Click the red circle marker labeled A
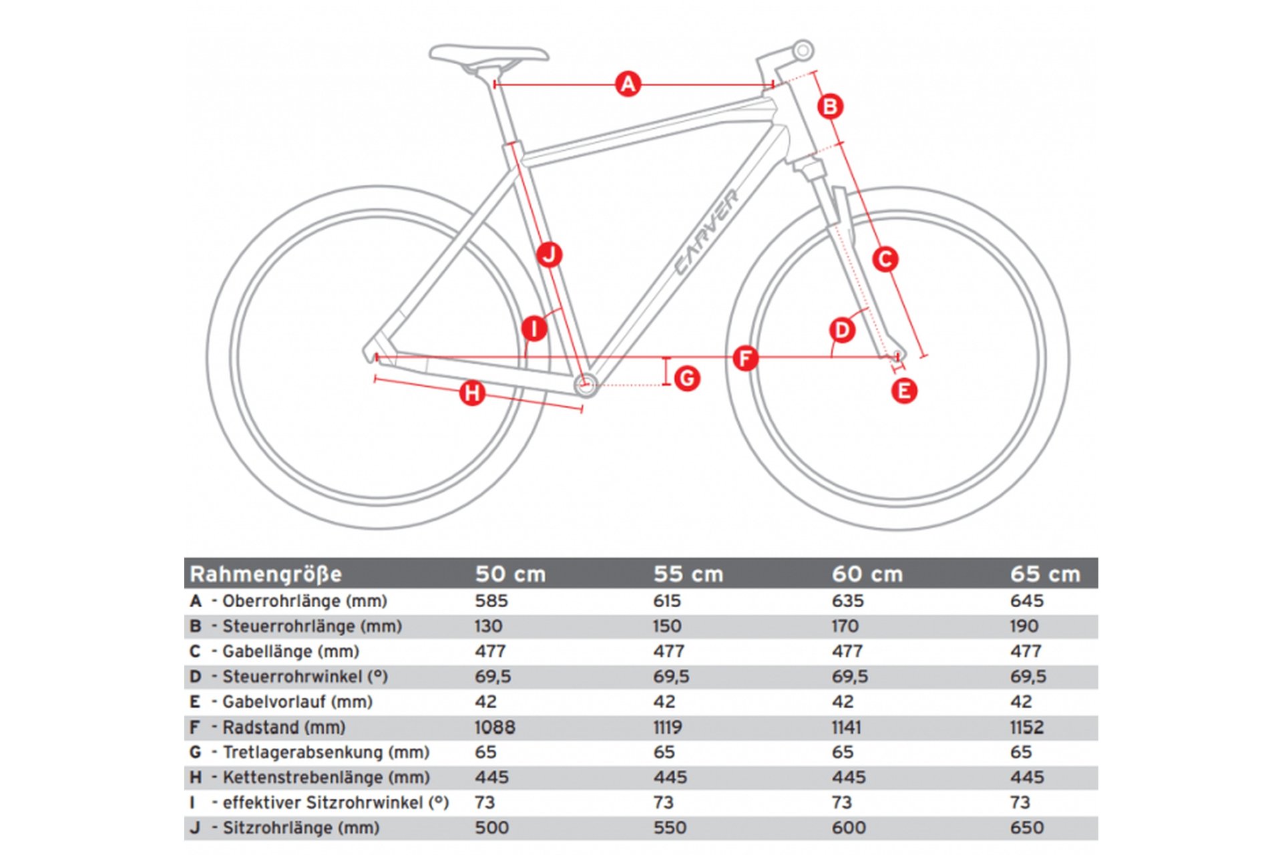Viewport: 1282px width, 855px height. (628, 84)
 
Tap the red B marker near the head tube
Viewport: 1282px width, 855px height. (830, 106)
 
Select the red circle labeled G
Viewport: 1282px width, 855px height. (687, 379)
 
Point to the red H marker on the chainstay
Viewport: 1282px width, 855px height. (472, 393)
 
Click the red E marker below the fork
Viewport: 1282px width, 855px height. (904, 391)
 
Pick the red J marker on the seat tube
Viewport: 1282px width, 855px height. (549, 254)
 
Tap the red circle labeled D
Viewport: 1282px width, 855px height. (842, 330)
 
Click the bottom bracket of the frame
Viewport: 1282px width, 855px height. (586, 384)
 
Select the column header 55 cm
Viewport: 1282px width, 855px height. (688, 574)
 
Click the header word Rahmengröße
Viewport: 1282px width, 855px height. (266, 574)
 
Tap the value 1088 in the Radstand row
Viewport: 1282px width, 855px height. (495, 727)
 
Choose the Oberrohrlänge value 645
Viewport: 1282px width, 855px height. (1026, 601)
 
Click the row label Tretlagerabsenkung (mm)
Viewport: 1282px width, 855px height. (326, 752)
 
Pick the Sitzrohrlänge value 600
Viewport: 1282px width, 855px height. (848, 828)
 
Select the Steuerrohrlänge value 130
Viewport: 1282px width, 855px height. (488, 626)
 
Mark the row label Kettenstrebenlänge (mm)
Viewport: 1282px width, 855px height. (326, 778)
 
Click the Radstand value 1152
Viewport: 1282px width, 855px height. (1026, 727)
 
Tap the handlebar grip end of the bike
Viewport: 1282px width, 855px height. (803, 50)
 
